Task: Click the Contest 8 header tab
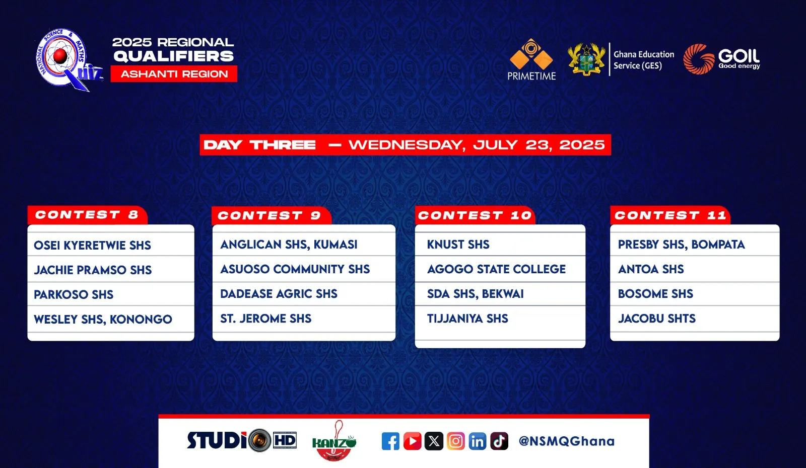(88, 215)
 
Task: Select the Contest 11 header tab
(670, 215)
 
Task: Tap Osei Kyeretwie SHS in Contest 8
(93, 246)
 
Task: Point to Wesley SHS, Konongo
(103, 319)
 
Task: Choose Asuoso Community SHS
(295, 269)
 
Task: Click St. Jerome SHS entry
(266, 319)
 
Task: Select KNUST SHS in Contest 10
(458, 245)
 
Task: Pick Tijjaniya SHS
(467, 319)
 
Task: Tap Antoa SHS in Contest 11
(651, 269)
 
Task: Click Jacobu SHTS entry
(657, 319)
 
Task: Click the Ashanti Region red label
(174, 73)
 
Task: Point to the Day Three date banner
(405, 145)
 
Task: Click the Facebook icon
(390, 441)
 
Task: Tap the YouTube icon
(413, 441)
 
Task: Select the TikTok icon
(499, 441)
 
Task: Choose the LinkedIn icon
(478, 441)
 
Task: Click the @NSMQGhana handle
(567, 441)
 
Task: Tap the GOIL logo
(721, 59)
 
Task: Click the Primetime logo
(531, 59)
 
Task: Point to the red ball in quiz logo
(60, 56)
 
